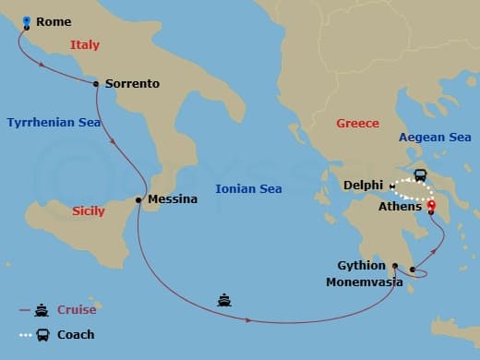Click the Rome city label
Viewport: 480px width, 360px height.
(x=54, y=22)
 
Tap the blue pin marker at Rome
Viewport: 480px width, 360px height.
(x=26, y=21)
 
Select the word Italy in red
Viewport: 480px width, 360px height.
(x=85, y=44)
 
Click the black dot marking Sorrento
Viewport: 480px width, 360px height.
(x=96, y=83)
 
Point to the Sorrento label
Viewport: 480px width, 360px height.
(x=132, y=84)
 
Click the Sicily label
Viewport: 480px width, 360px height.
(x=89, y=211)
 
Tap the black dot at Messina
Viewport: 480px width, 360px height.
(x=139, y=199)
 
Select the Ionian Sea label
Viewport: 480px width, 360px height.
(x=248, y=188)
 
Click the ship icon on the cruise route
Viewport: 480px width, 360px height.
(x=224, y=299)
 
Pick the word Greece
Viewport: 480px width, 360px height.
(x=357, y=123)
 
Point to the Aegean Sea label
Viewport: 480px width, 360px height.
(x=435, y=138)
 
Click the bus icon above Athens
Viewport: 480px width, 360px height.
(x=420, y=175)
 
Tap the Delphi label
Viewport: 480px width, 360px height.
(x=363, y=186)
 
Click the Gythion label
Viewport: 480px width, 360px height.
(x=362, y=266)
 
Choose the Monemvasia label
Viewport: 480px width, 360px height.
(x=364, y=282)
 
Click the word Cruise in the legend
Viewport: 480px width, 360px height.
(x=77, y=310)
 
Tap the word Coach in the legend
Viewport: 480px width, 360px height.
(x=76, y=334)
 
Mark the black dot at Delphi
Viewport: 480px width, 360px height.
(x=392, y=186)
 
